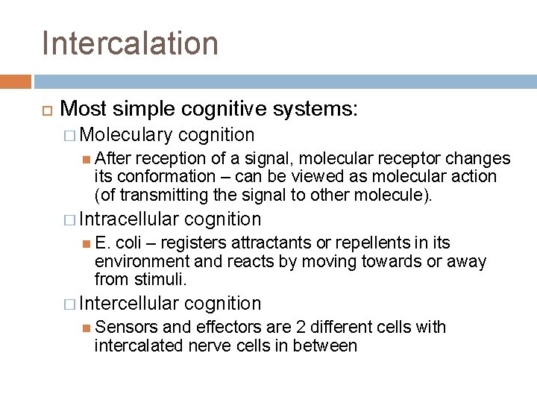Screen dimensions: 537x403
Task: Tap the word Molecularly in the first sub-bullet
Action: tap(125, 135)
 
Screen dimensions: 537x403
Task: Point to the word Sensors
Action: tap(123, 326)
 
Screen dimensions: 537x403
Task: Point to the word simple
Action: tap(139, 110)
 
